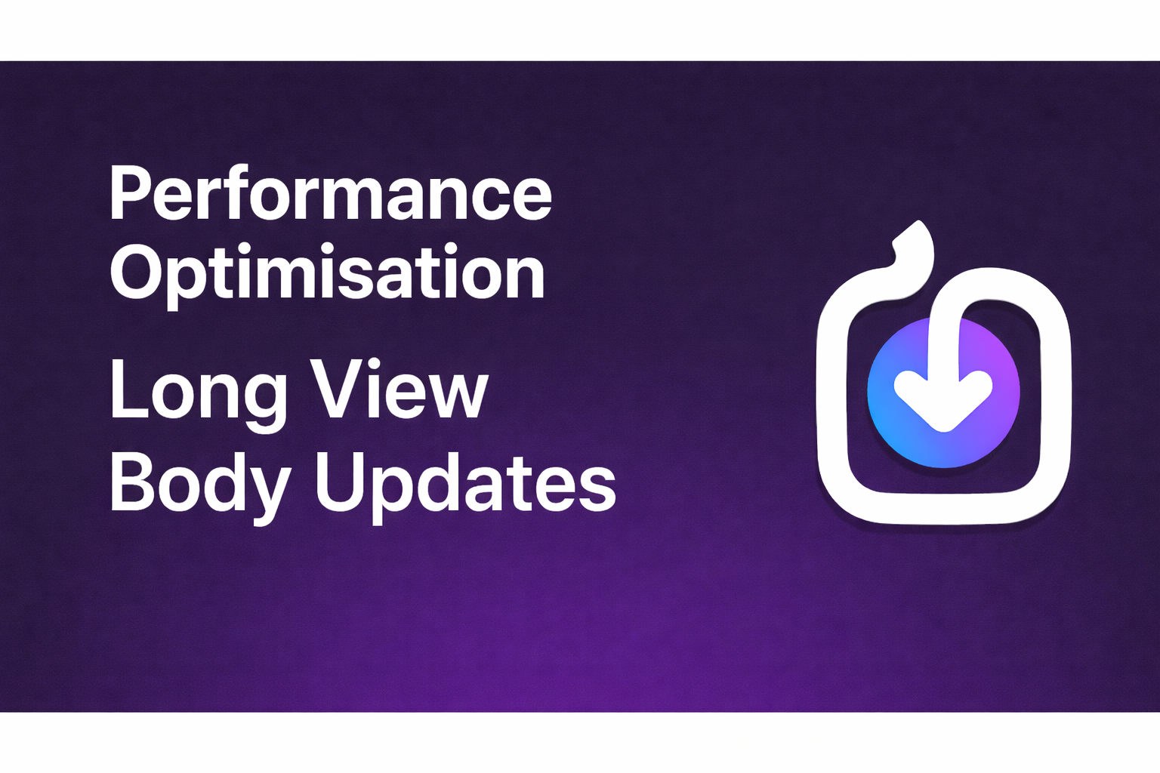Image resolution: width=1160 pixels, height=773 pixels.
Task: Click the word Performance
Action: pos(331,193)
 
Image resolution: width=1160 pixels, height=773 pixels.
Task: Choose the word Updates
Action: pos(465,483)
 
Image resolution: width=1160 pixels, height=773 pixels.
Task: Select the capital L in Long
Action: pos(125,390)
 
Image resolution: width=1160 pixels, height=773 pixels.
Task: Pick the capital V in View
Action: pos(335,390)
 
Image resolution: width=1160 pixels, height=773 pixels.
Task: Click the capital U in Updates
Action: pos(340,481)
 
